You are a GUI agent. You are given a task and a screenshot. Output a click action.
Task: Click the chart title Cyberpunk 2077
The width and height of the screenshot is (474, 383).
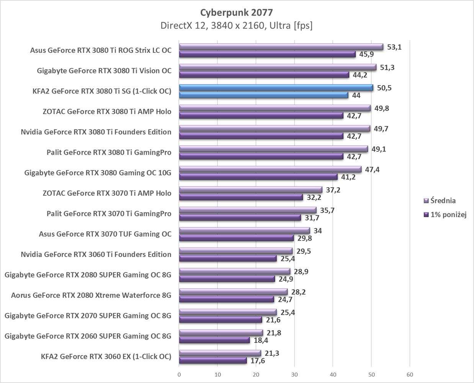point(237,12)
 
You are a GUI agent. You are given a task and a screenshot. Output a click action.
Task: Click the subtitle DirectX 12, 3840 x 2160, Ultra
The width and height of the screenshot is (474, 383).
point(237,26)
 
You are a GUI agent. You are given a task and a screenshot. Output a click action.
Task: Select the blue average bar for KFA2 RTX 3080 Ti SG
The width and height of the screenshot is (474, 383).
point(276,88)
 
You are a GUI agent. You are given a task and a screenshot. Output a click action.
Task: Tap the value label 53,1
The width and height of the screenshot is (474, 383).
point(395,47)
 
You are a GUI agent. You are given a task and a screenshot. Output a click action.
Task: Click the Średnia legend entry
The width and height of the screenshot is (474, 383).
point(443,200)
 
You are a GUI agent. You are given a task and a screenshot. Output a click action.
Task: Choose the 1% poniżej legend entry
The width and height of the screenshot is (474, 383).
point(448,214)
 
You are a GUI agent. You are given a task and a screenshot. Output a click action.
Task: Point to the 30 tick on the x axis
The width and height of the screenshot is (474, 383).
point(294,374)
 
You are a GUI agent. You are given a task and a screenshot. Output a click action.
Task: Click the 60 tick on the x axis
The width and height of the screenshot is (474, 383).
point(410,374)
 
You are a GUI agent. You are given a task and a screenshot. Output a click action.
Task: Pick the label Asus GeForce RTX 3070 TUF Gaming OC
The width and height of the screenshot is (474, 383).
point(105,234)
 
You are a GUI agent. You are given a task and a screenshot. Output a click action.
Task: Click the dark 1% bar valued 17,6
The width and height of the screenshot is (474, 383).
point(213,360)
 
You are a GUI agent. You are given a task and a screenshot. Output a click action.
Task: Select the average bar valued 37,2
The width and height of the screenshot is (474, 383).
point(250,190)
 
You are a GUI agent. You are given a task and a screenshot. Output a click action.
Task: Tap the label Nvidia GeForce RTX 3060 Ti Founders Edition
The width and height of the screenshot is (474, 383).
point(96,254)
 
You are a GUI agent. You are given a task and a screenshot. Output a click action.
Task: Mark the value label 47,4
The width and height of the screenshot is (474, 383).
point(372,169)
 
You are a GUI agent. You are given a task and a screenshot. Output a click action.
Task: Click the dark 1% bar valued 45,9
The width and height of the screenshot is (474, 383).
point(267,54)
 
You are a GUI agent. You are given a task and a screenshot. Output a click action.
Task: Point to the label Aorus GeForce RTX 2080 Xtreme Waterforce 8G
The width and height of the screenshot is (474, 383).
point(91,295)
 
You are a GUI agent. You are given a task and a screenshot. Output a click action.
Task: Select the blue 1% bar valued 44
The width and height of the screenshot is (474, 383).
point(263,95)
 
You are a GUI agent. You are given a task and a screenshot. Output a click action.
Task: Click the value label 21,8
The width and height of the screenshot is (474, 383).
point(274,333)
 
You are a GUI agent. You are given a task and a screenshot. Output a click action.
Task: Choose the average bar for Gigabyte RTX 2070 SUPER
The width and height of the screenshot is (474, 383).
point(228,312)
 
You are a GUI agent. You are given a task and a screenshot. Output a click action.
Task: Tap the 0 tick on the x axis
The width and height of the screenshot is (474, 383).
point(179,374)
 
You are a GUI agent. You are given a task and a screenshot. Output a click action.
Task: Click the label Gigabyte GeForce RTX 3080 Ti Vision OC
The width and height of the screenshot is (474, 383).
point(104,71)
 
